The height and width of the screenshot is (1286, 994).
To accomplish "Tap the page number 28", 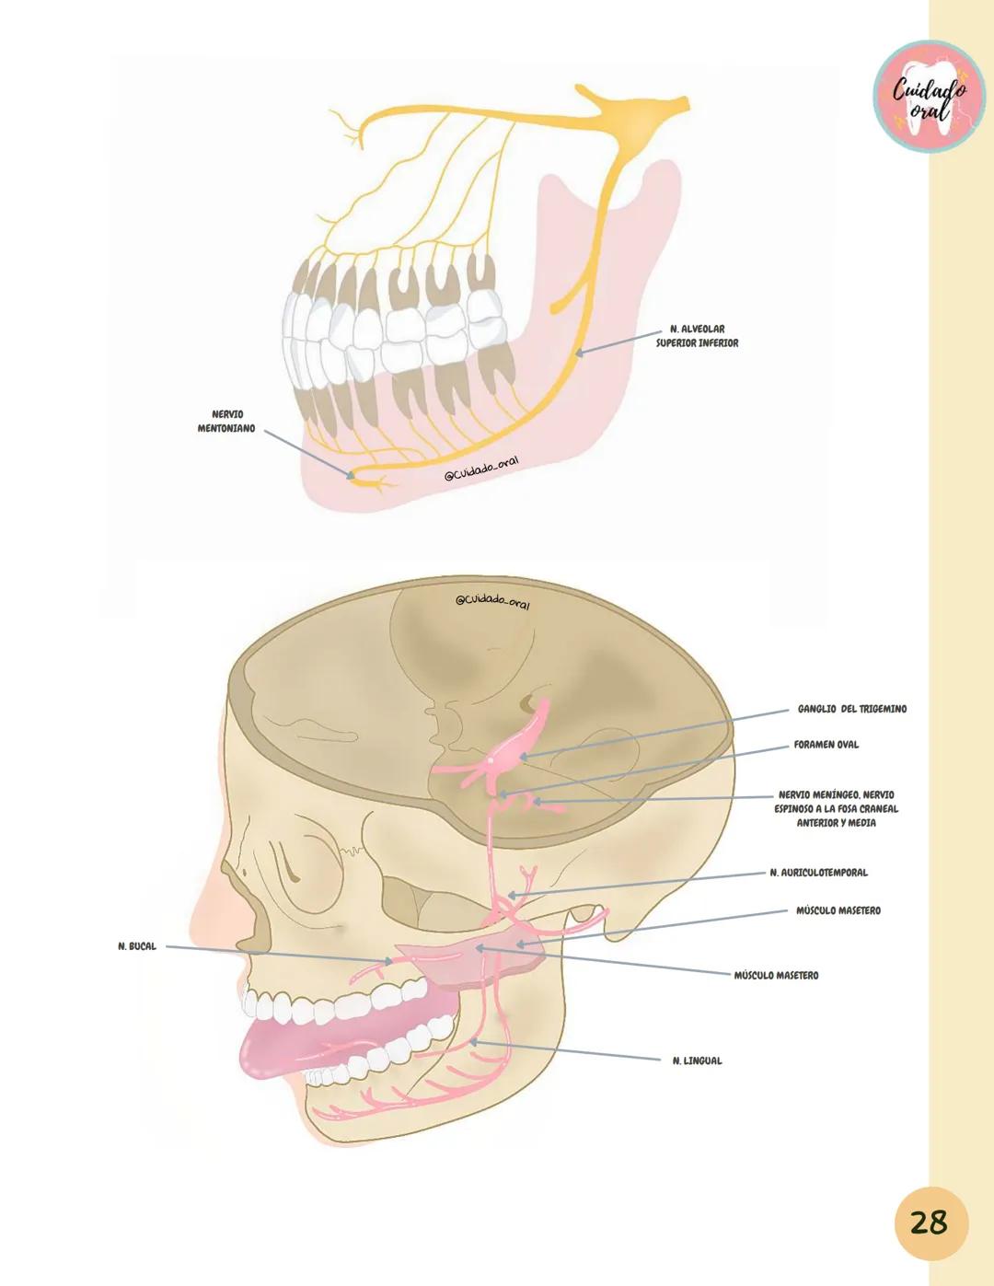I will click(928, 1223).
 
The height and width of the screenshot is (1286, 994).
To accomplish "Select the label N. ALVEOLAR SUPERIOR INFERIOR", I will click(697, 336).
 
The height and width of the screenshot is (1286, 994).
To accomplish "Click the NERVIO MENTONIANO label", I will click(226, 422).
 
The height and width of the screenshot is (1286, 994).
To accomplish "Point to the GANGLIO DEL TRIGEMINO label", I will click(851, 710).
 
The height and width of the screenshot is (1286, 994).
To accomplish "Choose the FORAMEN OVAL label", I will click(826, 745).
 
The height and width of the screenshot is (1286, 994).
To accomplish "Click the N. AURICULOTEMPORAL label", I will click(818, 873).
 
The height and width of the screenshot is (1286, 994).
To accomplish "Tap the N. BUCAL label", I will click(137, 946).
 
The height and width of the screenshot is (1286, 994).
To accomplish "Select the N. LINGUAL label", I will click(697, 1061).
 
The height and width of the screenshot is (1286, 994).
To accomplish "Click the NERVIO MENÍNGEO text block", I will click(836, 808).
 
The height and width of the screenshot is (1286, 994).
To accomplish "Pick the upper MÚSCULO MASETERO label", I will click(838, 910).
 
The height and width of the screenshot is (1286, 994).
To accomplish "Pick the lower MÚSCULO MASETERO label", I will click(776, 975).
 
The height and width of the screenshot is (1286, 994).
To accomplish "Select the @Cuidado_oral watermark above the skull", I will click(493, 601).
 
